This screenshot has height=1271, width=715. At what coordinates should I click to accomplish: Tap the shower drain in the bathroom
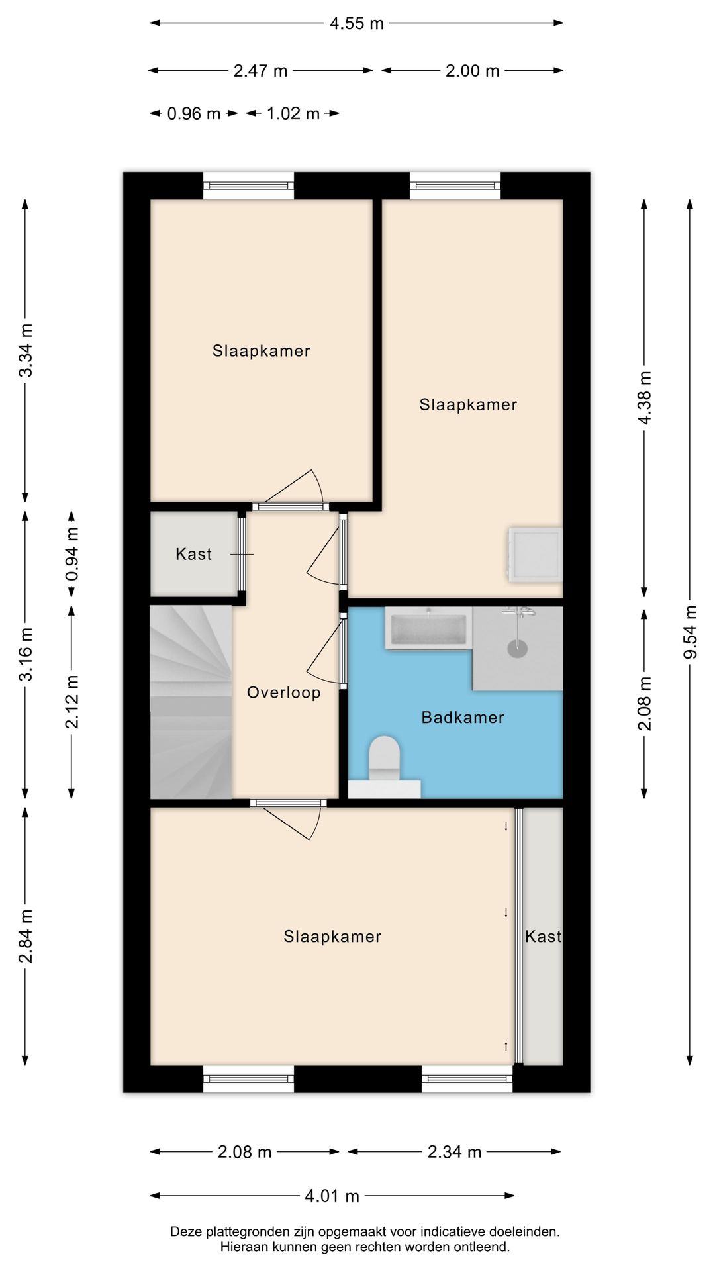518,648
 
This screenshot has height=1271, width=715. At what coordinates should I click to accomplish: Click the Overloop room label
283,692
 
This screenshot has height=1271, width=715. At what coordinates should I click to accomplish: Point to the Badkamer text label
463,717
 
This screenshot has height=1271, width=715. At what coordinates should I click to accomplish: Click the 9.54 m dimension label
690,632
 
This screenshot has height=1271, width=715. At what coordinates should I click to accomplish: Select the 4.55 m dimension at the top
357,23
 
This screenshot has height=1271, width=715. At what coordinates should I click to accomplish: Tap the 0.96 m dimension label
194,113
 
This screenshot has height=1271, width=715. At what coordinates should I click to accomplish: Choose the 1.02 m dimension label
293,113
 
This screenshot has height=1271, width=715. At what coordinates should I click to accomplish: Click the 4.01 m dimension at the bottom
332,1196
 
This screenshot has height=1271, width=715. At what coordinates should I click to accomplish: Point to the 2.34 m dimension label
454,1152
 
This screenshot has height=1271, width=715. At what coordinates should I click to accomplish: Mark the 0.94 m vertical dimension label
71,554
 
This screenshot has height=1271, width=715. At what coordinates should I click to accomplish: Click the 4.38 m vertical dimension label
644,397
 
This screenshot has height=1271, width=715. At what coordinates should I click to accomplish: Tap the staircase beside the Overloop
191,702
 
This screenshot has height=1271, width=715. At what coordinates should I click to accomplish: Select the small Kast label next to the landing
193,554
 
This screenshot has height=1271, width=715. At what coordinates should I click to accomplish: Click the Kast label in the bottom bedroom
543,936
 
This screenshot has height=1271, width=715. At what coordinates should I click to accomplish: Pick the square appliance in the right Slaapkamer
535,555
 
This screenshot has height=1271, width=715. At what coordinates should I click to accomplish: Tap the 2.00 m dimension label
472,71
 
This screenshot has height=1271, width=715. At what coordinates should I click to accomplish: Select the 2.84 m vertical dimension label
25,936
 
